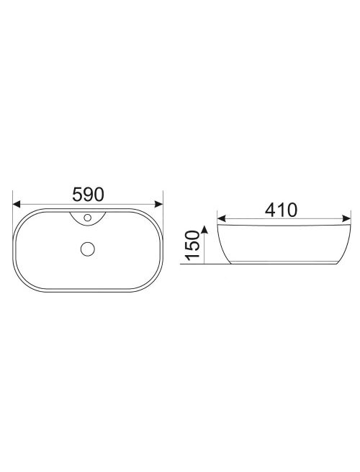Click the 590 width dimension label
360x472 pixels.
pyautogui.click(x=88, y=194)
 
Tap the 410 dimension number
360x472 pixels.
pyautogui.click(x=281, y=210)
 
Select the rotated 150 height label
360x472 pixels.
pyautogui.click(x=192, y=245)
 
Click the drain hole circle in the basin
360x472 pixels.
pyautogui.click(x=88, y=249)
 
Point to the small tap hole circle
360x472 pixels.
pyautogui.click(x=88, y=218)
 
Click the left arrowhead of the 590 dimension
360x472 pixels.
pyautogui.click(x=17, y=204)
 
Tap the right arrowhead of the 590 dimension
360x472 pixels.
pyautogui.click(x=159, y=204)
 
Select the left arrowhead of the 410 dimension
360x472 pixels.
pyautogui.click(x=221, y=218)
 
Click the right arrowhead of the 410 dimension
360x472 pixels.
pyautogui.click(x=346, y=218)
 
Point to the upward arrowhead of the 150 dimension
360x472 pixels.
pyautogui.click(x=204, y=230)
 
